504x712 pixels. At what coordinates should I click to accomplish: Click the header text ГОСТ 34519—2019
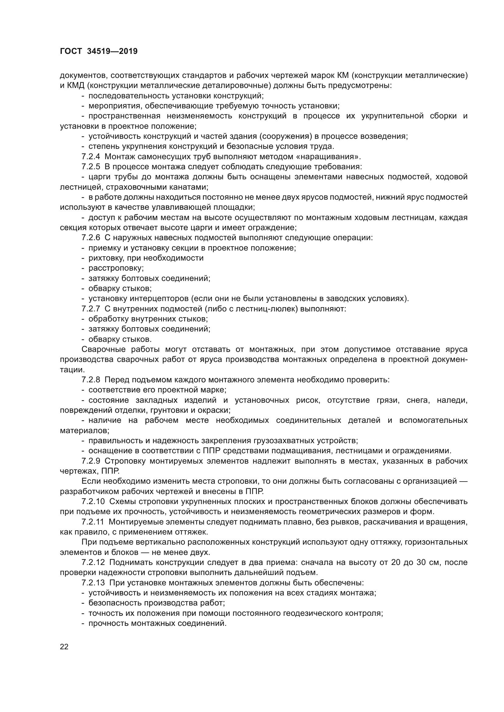pyautogui.click(x=99, y=51)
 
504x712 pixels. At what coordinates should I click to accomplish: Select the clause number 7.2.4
pyautogui.click(x=91, y=156)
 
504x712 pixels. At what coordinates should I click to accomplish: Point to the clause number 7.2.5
pyautogui.click(x=91, y=167)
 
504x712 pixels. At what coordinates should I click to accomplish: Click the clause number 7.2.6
pyautogui.click(x=91, y=238)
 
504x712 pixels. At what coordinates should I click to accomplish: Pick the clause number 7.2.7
pyautogui.click(x=91, y=309)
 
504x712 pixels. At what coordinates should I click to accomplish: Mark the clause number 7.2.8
pyautogui.click(x=91, y=380)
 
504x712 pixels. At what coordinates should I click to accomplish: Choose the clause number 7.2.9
pyautogui.click(x=91, y=461)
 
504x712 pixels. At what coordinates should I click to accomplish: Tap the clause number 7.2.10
pyautogui.click(x=93, y=501)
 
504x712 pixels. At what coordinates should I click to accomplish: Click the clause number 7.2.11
pyautogui.click(x=93, y=522)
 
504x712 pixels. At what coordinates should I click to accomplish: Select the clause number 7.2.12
pyautogui.click(x=93, y=563)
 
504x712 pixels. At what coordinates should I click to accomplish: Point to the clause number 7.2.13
pyautogui.click(x=93, y=583)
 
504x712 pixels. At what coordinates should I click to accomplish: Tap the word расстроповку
pyautogui.click(x=116, y=268)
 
